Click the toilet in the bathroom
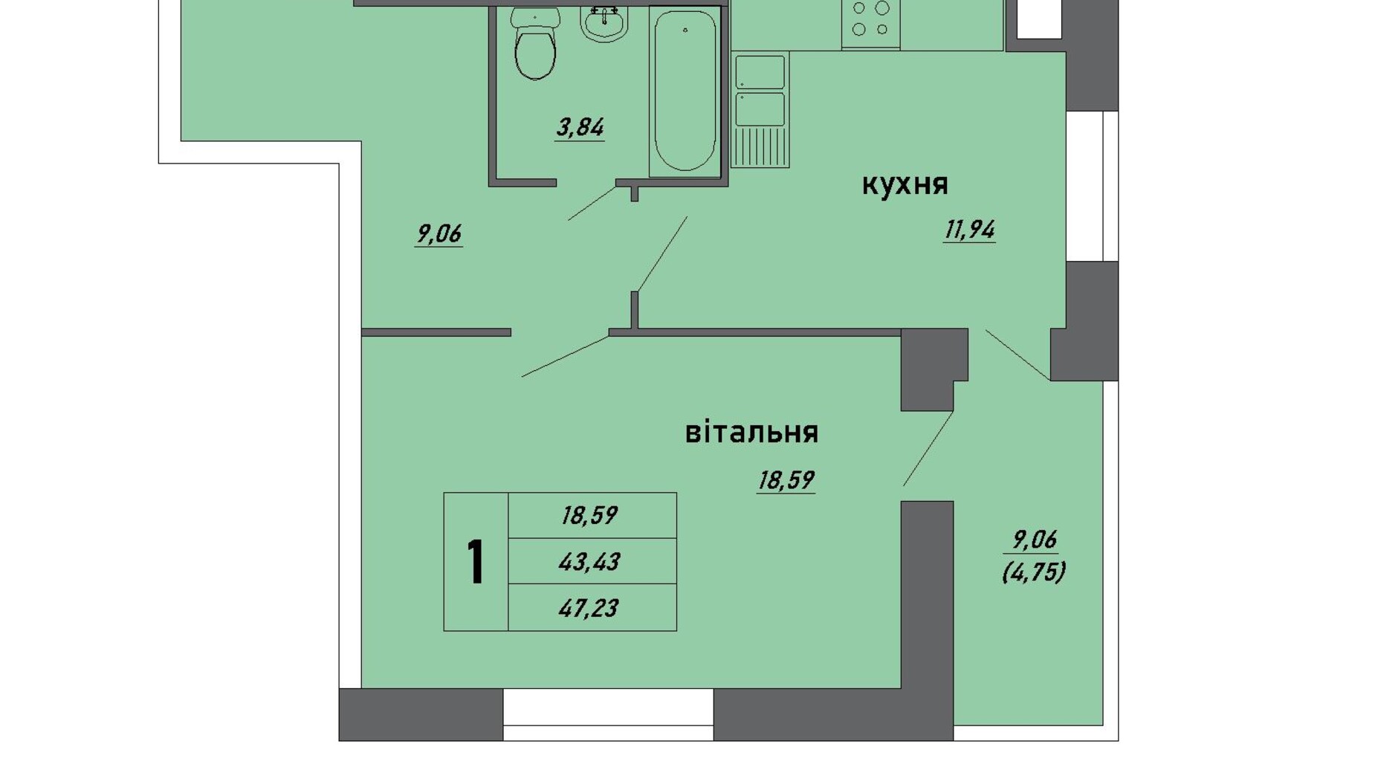[x=535, y=43]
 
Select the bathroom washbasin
[x=604, y=22]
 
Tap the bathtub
[x=685, y=91]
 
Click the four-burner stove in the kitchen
[x=870, y=24]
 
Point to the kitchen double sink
[x=760, y=109]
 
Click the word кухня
[x=905, y=184]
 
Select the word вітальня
[x=751, y=431]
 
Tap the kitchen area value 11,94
[x=969, y=230]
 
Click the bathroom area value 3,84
[x=580, y=128]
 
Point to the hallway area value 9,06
[x=439, y=234]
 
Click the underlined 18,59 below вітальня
[x=786, y=481]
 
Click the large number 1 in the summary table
[x=476, y=562]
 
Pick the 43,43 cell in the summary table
[x=589, y=562]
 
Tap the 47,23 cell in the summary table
[x=589, y=609]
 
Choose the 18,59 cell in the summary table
[x=589, y=515]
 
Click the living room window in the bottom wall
[x=608, y=714]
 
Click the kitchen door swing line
[x=662, y=254]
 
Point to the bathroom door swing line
[x=592, y=203]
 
